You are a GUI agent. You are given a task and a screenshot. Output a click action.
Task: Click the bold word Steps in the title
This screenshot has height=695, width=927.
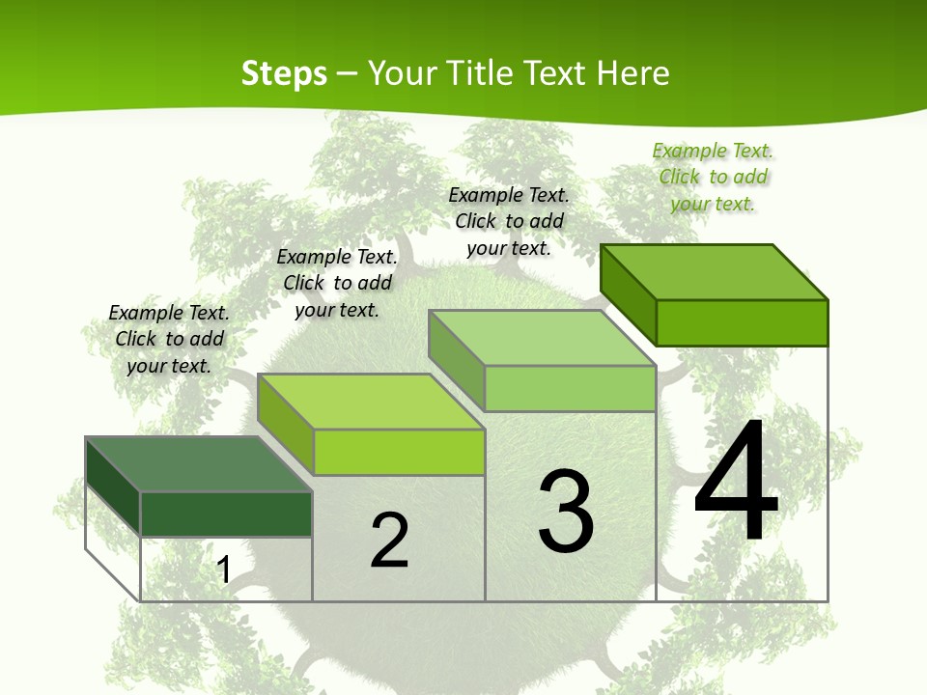point(284,73)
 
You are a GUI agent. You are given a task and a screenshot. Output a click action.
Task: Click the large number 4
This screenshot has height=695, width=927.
point(736,483)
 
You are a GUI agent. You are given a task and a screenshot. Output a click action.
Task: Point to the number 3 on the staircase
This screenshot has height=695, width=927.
point(566,512)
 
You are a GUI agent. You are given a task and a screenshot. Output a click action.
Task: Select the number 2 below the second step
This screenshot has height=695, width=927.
point(390,541)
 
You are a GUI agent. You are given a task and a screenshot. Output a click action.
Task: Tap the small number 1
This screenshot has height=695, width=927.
point(223,570)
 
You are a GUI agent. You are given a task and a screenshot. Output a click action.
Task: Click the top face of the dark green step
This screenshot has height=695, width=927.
point(199,464)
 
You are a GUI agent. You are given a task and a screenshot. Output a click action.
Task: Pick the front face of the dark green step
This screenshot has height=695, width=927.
point(226,514)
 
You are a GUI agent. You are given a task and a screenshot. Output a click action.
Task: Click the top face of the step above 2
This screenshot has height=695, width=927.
point(371,402)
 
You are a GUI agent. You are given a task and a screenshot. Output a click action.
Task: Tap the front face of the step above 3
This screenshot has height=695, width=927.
point(570,388)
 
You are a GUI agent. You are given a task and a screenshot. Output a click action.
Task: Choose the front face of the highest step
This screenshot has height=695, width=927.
point(742,322)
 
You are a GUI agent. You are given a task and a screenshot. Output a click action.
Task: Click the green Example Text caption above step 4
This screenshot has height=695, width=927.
point(713,177)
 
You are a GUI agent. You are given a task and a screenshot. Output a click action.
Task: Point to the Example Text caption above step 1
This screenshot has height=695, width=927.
point(169,339)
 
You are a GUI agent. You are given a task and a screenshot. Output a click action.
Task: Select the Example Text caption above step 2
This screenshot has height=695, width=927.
point(337,283)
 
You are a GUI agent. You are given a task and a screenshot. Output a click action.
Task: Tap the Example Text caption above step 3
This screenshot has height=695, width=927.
point(509,221)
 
